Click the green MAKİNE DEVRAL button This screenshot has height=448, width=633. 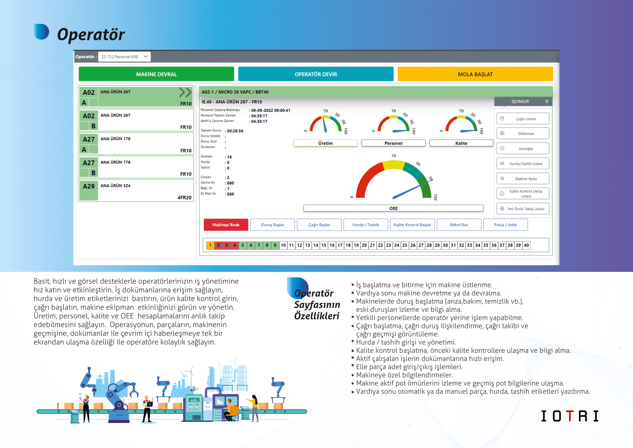pyautogui.click(x=156, y=74)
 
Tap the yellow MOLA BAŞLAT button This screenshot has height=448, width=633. pyautogui.click(x=475, y=74)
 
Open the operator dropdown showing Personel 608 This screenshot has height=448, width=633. pyautogui.click(x=124, y=56)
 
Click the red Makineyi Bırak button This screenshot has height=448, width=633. pyautogui.click(x=226, y=225)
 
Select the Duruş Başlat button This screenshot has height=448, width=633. pyautogui.click(x=272, y=225)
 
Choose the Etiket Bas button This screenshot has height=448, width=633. pyautogui.click(x=459, y=225)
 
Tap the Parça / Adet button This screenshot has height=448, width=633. pyautogui.click(x=505, y=225)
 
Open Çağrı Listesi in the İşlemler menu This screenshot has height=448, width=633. pyautogui.click(x=523, y=119)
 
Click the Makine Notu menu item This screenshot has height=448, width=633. pyautogui.click(x=523, y=179)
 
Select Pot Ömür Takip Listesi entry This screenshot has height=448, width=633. pyautogui.click(x=523, y=209)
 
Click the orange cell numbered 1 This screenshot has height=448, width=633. pyautogui.click(x=210, y=245)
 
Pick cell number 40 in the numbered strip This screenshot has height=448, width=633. pyautogui.click(x=526, y=245)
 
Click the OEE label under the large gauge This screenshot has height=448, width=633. pyautogui.click(x=393, y=208)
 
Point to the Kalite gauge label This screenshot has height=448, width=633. pyautogui.click(x=461, y=143)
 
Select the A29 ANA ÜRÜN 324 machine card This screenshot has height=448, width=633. pyautogui.click(x=136, y=190)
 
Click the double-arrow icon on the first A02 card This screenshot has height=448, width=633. pyautogui.click(x=185, y=92)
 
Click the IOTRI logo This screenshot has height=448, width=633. pyautogui.click(x=569, y=416)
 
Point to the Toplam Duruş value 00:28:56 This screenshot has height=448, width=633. pyautogui.click(x=235, y=131)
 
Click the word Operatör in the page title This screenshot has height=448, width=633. pyautogui.click(x=91, y=35)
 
